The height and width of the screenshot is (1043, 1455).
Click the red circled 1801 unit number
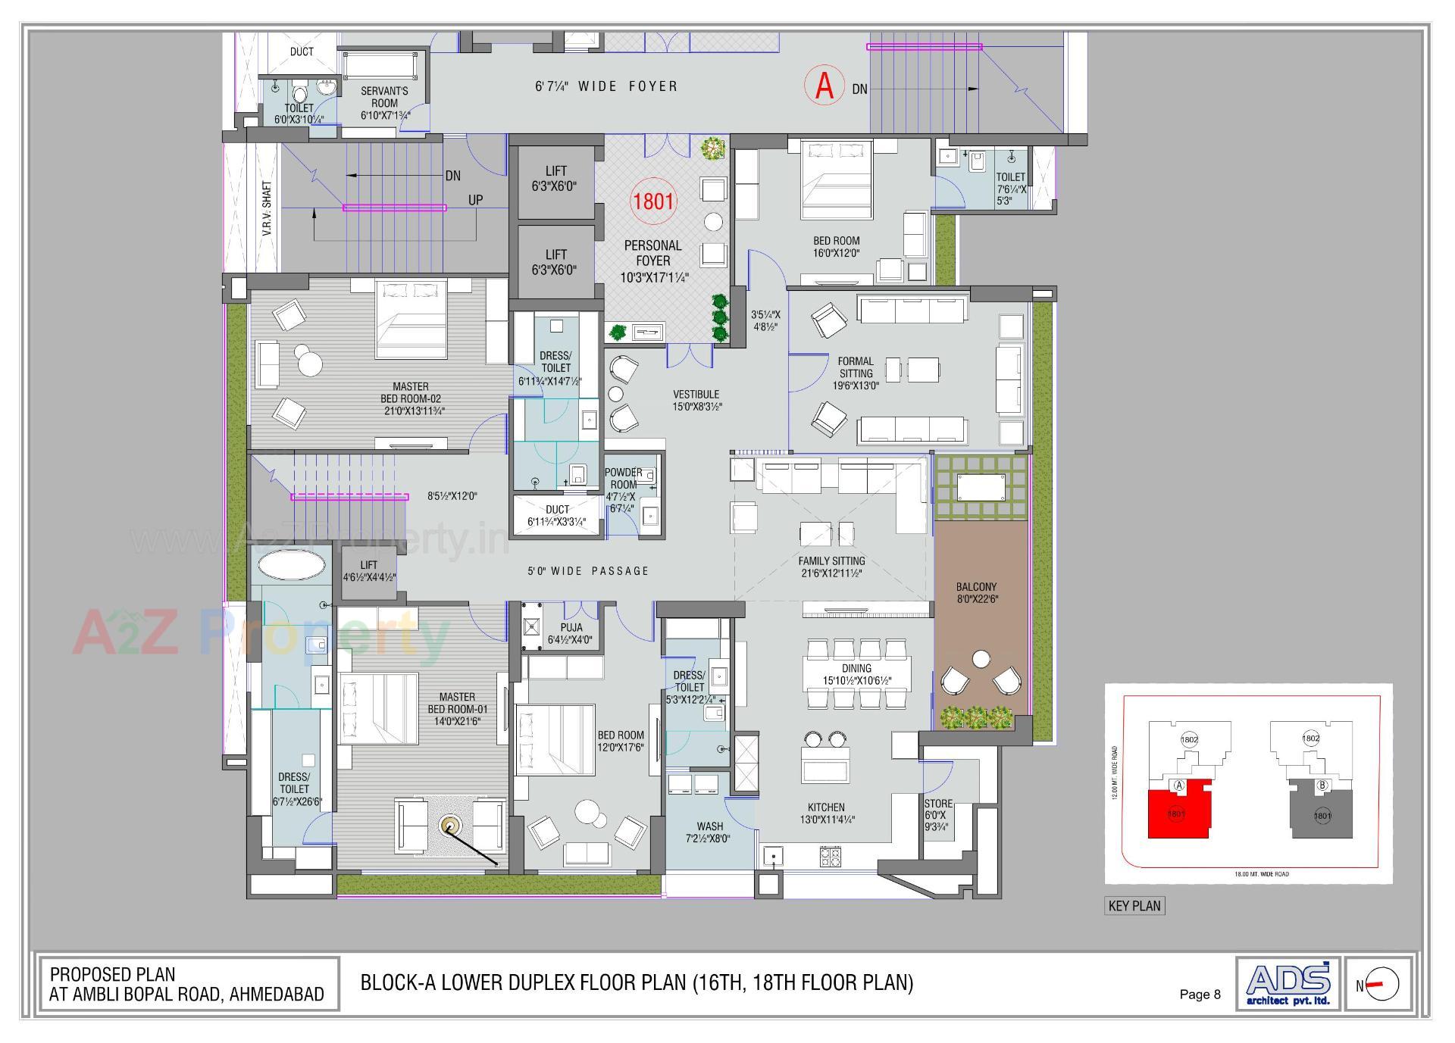tap(653, 201)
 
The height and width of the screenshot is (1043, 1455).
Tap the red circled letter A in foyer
tap(824, 86)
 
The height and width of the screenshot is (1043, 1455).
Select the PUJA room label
tap(571, 633)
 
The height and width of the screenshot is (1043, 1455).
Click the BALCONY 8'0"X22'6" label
tap(976, 592)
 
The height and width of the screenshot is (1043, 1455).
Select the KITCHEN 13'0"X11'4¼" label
tap(826, 813)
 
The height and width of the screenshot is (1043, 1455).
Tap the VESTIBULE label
tap(696, 400)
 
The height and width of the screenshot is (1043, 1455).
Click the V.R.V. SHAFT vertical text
tap(267, 208)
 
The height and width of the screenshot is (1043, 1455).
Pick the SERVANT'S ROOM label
tap(384, 103)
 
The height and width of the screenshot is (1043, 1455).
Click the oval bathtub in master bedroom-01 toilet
tap(292, 565)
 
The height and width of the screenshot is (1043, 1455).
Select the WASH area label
tap(709, 832)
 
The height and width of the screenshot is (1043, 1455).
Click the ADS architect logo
tap(1288, 983)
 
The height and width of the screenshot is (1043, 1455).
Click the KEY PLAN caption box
tap(1134, 906)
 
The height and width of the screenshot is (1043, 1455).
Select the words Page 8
tap(1200, 995)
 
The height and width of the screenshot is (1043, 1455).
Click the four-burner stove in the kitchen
tap(830, 857)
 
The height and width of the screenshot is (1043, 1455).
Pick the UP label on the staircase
tap(475, 201)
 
